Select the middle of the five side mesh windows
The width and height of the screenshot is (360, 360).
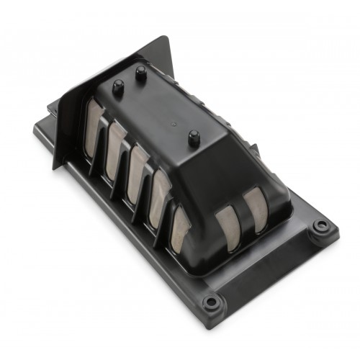pyautogui.click(x=138, y=170)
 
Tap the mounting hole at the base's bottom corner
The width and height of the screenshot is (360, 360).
pyautogui.click(x=211, y=302)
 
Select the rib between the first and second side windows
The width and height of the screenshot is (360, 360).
pyautogui.click(x=105, y=140)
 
